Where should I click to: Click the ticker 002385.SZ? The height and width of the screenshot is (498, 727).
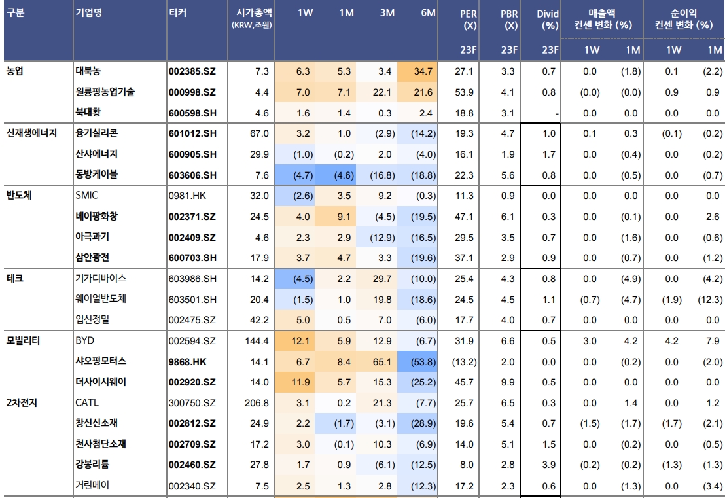(x=192, y=71)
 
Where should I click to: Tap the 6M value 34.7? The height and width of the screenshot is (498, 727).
(x=423, y=71)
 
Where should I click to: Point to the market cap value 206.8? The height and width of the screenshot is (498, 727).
(x=257, y=403)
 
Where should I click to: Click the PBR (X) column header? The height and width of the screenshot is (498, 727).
(x=510, y=20)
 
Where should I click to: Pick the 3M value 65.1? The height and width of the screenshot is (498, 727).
(x=382, y=361)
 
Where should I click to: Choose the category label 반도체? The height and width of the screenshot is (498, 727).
(x=20, y=195)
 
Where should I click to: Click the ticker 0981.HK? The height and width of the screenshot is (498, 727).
(x=187, y=196)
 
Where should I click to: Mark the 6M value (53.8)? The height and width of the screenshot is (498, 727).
(x=423, y=361)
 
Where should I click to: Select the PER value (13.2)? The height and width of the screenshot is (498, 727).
(x=465, y=361)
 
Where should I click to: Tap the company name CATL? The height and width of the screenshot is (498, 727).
(x=88, y=403)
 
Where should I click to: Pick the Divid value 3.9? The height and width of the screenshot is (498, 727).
(x=549, y=465)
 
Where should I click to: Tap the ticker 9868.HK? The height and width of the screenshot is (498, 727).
(x=188, y=361)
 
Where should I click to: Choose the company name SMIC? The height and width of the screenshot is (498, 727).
(x=88, y=196)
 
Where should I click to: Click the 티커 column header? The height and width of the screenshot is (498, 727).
(x=177, y=13)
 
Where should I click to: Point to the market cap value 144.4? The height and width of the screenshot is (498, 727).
(x=257, y=341)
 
